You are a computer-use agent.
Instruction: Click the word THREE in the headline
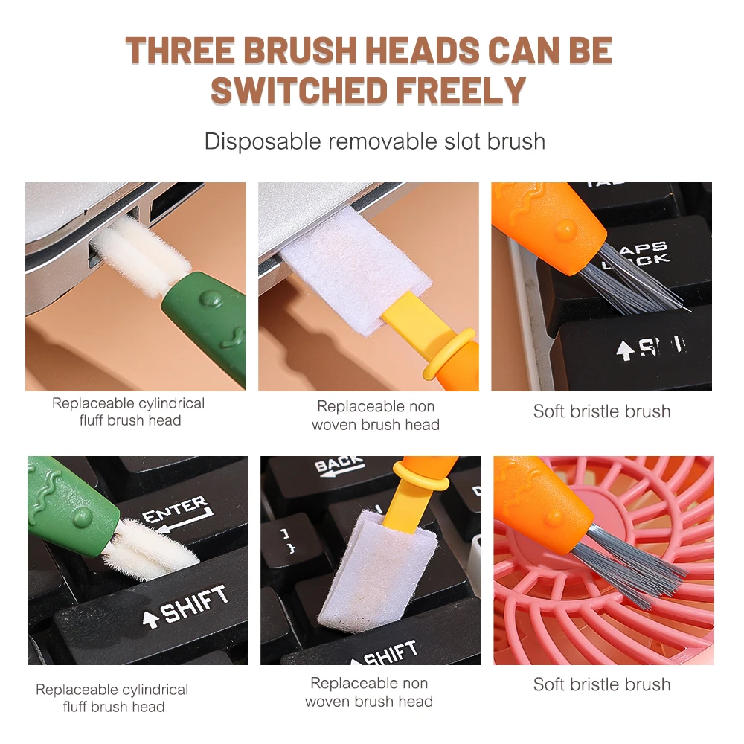pos(180,51)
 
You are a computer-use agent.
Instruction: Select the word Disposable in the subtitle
pos(263,141)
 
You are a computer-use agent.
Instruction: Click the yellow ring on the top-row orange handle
pos(449,354)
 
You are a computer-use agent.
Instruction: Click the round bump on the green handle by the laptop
pos(211,299)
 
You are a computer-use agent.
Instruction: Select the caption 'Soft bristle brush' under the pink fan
pos(602,684)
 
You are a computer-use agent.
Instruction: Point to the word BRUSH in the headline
pos(299,51)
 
